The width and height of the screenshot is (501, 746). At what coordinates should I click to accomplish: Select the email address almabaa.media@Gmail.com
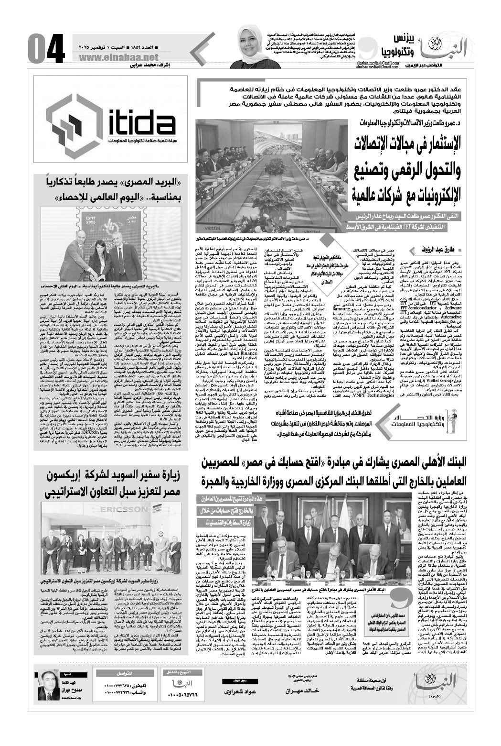coord(383,63)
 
